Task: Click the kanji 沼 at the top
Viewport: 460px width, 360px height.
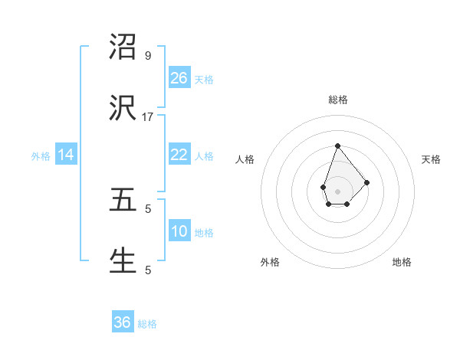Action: click(x=123, y=47)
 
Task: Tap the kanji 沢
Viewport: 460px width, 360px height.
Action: click(x=123, y=109)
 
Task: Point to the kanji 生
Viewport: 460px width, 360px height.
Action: click(x=123, y=261)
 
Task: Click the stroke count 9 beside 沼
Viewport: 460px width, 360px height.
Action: click(x=148, y=56)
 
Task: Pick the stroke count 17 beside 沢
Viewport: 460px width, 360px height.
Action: click(x=148, y=117)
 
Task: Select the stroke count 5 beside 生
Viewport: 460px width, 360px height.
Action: click(x=148, y=270)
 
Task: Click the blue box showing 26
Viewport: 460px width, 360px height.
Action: click(x=179, y=78)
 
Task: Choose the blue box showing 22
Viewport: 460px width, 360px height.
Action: click(x=179, y=155)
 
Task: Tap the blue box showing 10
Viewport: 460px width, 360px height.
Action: click(x=179, y=231)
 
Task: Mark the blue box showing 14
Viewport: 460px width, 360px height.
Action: click(x=67, y=155)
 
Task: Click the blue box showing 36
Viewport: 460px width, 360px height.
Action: click(x=123, y=322)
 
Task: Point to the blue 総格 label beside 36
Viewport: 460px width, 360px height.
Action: click(x=147, y=324)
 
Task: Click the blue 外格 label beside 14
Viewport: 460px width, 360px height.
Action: click(x=41, y=156)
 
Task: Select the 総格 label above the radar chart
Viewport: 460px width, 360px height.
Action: click(x=338, y=100)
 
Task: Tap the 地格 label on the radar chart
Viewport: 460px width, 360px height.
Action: click(x=402, y=262)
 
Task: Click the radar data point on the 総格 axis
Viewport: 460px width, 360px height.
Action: click(x=337, y=146)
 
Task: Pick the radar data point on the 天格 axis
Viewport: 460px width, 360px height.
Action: click(x=367, y=182)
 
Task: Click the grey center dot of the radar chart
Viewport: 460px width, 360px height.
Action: click(x=337, y=191)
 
